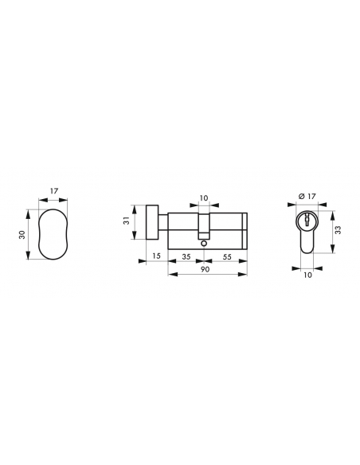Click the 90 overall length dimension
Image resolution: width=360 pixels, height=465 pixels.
(x=205, y=269)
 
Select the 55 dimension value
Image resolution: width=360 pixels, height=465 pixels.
(x=227, y=256)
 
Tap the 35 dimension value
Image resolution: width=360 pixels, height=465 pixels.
(x=186, y=256)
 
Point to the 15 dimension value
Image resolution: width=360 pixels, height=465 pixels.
(x=156, y=256)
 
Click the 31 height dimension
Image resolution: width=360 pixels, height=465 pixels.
(x=127, y=221)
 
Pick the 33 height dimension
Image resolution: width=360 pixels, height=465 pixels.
(x=338, y=230)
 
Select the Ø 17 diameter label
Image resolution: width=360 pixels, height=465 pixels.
(x=307, y=197)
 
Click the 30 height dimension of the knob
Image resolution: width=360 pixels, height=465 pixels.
(x=22, y=235)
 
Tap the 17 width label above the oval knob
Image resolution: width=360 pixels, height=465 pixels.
(x=54, y=190)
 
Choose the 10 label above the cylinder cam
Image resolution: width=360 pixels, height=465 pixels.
(x=204, y=197)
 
